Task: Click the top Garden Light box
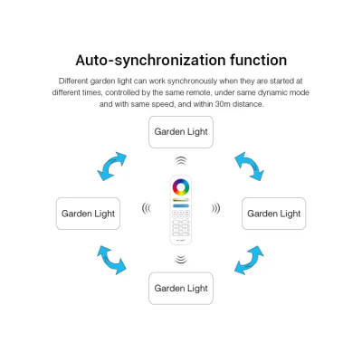tap(181, 132)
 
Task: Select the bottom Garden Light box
tap(181, 288)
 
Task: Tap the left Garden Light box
tap(88, 214)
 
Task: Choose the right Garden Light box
tap(274, 214)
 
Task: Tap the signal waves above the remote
tap(181, 161)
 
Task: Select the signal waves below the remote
tap(181, 259)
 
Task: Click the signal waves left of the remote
tap(147, 208)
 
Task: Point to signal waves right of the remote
tap(215, 208)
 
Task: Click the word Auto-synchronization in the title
tap(150, 60)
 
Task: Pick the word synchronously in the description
tap(192, 81)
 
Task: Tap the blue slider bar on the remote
tap(181, 205)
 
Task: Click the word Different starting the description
tap(73, 81)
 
